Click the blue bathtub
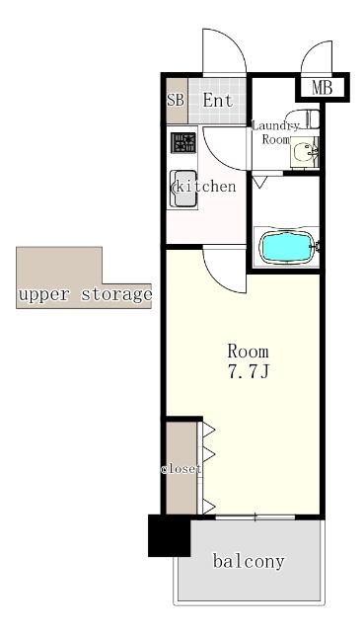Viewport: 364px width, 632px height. [287, 247]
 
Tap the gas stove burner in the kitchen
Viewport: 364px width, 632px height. [183, 142]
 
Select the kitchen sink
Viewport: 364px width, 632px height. [183, 189]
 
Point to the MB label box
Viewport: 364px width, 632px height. [323, 88]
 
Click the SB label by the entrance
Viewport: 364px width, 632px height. [176, 100]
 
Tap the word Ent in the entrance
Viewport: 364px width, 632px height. [218, 101]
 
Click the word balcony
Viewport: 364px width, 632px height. [249, 561]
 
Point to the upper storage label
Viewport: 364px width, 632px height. [85, 294]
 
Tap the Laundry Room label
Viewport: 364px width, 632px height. [276, 132]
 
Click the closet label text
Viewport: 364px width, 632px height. [182, 469]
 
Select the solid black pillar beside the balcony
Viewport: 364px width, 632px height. [169, 535]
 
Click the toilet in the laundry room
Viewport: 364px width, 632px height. [305, 118]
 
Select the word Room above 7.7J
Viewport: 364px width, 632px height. [248, 352]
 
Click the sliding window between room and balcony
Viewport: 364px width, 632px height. [255, 516]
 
